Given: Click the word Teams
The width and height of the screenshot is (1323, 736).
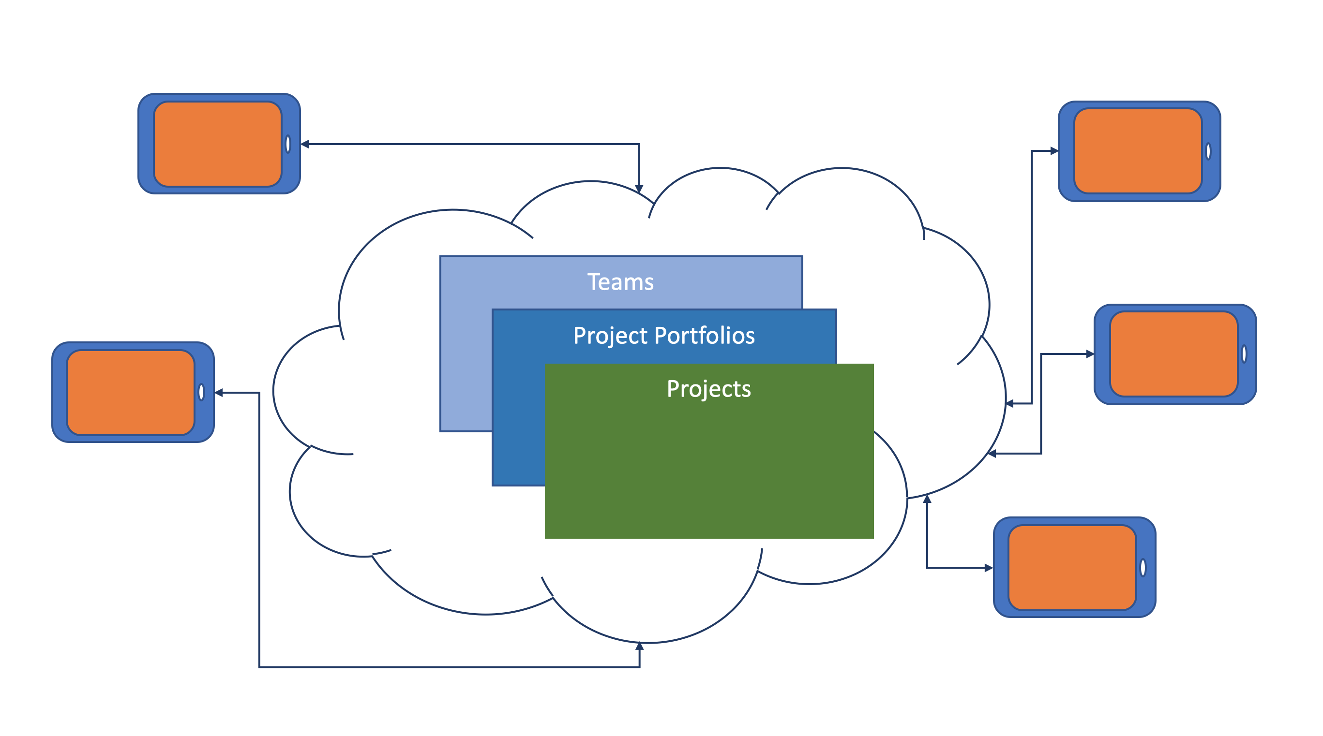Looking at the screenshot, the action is tap(620, 282).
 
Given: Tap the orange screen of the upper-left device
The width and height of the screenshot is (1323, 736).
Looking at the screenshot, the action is tap(218, 144).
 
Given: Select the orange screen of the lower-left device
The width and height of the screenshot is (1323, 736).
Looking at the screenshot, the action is tap(131, 393).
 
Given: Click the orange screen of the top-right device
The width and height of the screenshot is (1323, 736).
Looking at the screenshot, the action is tap(1138, 151).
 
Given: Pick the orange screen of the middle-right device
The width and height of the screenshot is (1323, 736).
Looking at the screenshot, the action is tap(1174, 354).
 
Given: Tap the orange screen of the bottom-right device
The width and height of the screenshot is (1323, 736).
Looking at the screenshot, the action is tap(1072, 568).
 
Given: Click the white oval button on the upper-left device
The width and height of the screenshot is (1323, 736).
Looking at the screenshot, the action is tap(288, 144).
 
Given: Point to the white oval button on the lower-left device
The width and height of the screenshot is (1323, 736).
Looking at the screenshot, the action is tap(201, 393).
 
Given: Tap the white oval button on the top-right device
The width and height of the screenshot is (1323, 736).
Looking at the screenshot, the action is tap(1208, 151).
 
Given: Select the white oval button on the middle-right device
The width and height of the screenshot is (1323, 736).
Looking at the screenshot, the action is tap(1245, 354).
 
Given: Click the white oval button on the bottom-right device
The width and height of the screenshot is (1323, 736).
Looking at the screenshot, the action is tap(1143, 568).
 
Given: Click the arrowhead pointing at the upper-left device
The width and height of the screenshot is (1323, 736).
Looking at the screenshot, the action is tap(304, 144).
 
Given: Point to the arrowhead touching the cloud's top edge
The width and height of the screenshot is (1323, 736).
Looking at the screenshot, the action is tap(639, 190).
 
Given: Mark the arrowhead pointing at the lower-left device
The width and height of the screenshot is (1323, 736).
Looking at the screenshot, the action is tap(219, 393).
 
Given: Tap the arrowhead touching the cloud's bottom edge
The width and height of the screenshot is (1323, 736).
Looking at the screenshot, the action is tap(639, 646).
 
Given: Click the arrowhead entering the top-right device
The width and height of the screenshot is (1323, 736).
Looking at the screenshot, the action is tap(1054, 151).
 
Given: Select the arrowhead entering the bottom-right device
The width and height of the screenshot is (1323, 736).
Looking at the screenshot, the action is tap(989, 568).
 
